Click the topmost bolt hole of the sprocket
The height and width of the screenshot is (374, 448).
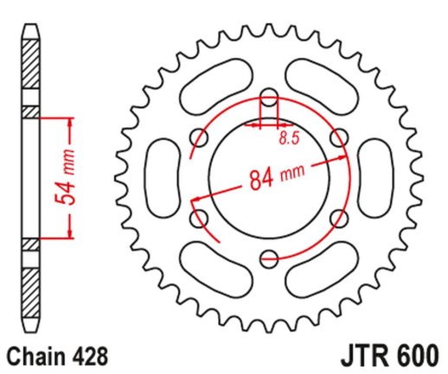pyautogui.click(x=268, y=95)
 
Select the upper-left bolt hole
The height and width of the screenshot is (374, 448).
pyautogui.click(x=200, y=135)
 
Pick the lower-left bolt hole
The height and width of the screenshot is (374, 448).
pyautogui.click(x=200, y=214)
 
